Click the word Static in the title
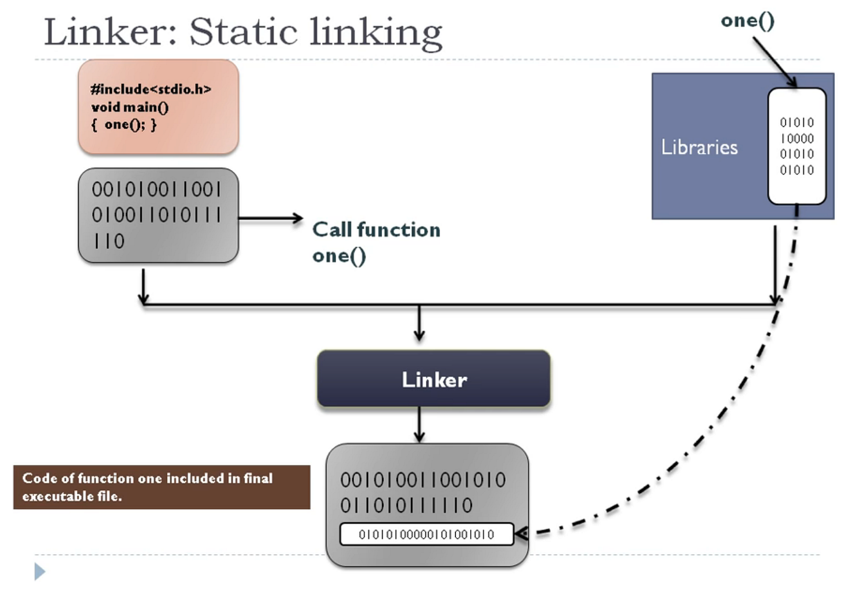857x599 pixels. [244, 32]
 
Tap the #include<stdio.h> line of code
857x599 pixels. [151, 89]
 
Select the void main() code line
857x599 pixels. [130, 107]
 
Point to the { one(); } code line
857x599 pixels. [124, 125]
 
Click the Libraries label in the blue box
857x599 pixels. [699, 147]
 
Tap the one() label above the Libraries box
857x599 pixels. [747, 21]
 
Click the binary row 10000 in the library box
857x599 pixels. [797, 138]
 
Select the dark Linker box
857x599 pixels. [434, 379]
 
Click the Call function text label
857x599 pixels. [376, 230]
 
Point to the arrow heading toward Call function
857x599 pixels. [271, 218]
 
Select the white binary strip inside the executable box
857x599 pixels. [427, 534]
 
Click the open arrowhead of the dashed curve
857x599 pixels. [522, 533]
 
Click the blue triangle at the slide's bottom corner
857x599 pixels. [40, 571]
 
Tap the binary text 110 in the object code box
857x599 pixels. [109, 241]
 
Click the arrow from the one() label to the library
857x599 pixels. [775, 62]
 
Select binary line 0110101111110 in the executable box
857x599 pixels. [406, 505]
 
